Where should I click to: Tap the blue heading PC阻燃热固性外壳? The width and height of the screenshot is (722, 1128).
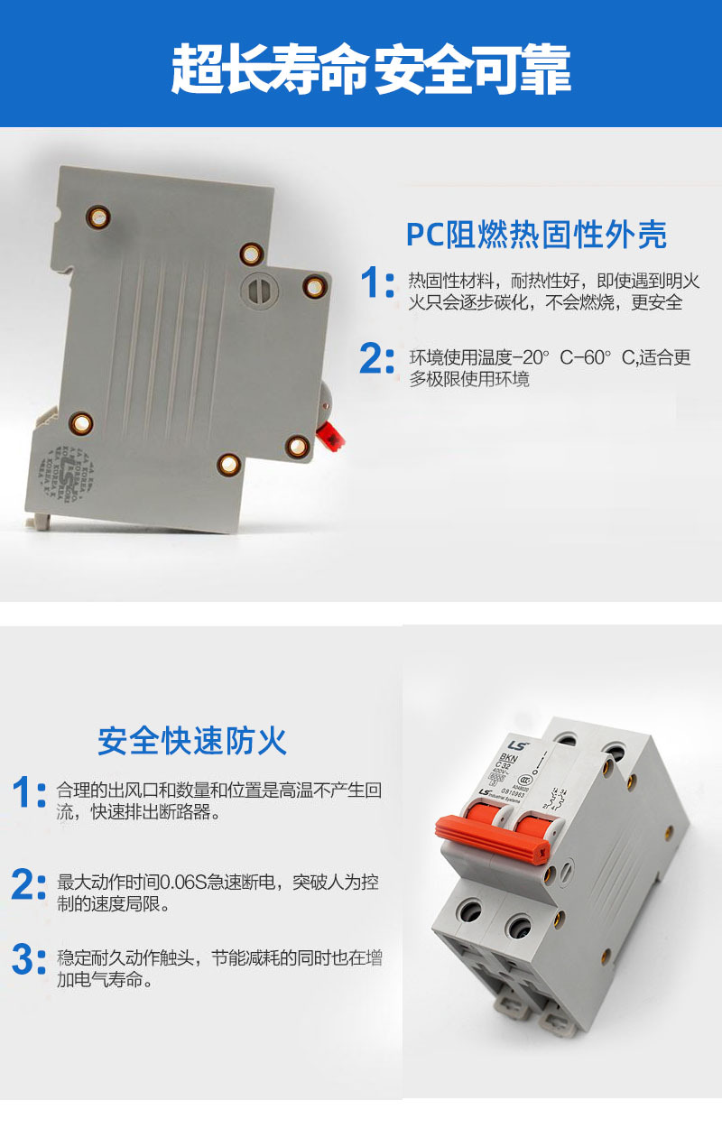(536, 235)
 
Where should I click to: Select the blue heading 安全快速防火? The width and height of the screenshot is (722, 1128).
(192, 741)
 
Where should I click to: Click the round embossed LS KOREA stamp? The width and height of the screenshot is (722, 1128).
(65, 475)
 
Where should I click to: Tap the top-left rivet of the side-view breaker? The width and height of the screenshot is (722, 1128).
(97, 216)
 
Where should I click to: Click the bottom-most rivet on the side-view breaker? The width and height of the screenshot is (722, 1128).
(228, 464)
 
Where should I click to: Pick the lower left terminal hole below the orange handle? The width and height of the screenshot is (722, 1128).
(470, 910)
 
